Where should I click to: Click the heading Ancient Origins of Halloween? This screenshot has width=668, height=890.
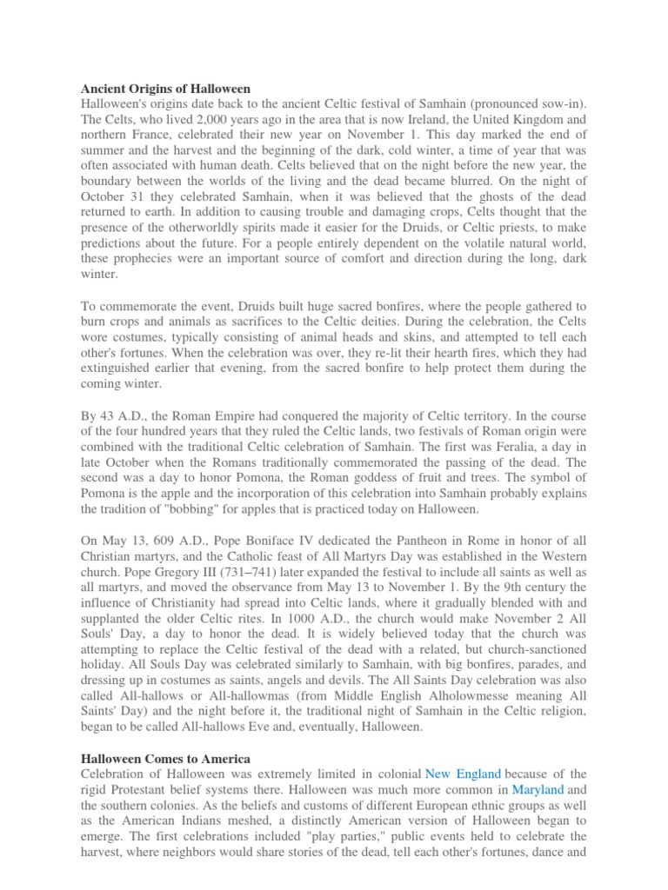[165, 89]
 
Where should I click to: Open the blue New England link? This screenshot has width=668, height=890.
[464, 773]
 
